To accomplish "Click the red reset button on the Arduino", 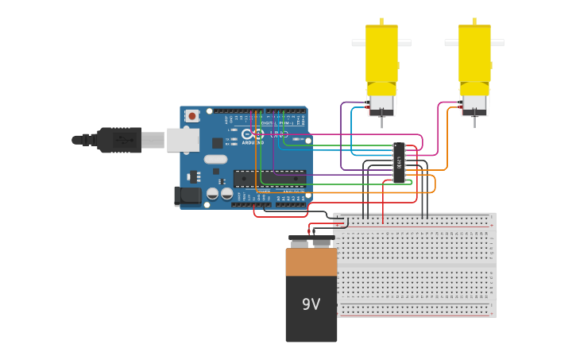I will point(191,116).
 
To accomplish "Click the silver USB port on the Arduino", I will point(182,140).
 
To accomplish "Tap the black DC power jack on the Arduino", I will point(186,195).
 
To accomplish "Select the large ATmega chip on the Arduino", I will point(269,179).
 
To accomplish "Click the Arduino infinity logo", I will point(252,134).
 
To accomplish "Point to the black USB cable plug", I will point(119,140).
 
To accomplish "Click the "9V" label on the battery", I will point(311,304).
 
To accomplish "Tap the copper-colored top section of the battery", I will point(311,261).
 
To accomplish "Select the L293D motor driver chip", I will point(399,163).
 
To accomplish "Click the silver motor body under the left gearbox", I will point(381,104).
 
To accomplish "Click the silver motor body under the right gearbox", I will point(474,104).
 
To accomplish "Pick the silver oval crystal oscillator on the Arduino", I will point(215,159).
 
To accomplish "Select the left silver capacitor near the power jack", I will point(212,193).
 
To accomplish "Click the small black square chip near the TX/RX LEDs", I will point(217,143).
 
